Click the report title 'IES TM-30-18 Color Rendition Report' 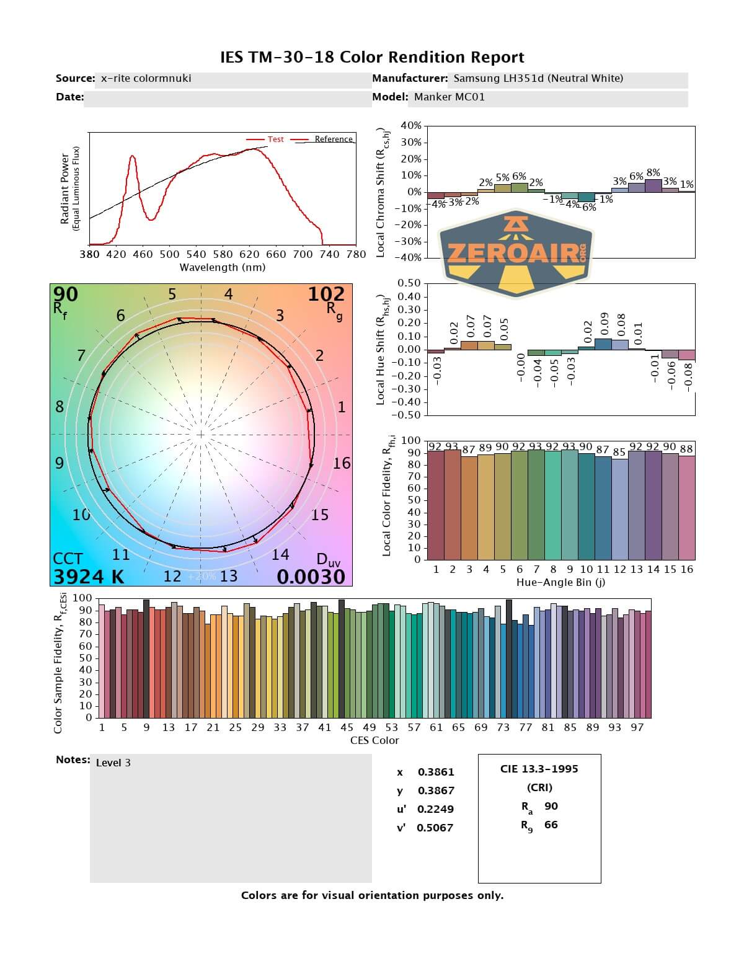pos(372,58)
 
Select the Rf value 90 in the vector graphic pos(66,294)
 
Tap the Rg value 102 pos(326,294)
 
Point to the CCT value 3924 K pos(89,577)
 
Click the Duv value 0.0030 pos(311,577)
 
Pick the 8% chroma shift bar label pos(653,173)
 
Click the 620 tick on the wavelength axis pos(249,254)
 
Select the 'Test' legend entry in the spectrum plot pos(275,139)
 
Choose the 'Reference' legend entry pos(333,139)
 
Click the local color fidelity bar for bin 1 pos(436,505)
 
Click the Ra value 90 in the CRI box pos(551,806)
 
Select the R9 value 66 pos(551,825)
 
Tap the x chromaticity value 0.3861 pos(436,772)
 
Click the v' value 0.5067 pos(435,828)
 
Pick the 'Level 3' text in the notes pos(113,763)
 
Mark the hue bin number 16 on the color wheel pos(342,463)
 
